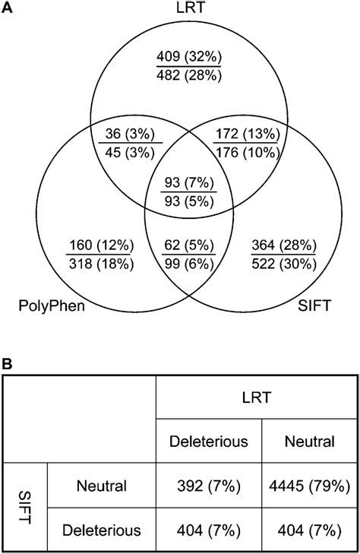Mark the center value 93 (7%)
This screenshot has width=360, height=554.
tap(180, 182)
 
